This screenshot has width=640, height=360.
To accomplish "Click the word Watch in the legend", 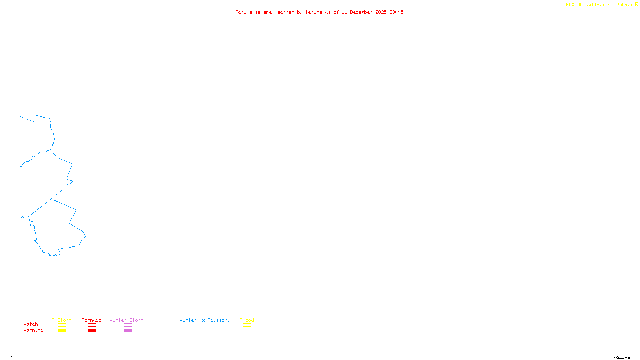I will pos(31,324).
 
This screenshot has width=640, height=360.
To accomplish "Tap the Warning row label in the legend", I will pos(34,330).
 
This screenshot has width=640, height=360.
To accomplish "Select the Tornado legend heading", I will pos(92,320).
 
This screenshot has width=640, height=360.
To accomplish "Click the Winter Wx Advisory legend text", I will pos(205,320).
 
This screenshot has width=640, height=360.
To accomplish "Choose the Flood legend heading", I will pos(247,320).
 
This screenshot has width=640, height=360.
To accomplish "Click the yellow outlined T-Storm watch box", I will pos(62,325).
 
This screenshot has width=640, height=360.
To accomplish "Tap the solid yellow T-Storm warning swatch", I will pos(62,331).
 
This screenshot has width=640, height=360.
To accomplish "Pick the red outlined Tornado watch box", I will pos(92,325).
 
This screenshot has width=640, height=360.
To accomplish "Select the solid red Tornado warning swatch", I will pos(92,331).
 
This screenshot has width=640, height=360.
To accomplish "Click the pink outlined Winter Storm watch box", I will pos(128,325).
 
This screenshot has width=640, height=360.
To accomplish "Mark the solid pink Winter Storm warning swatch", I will pos(128,331).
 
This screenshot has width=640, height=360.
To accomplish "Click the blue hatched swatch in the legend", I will pos(204,331).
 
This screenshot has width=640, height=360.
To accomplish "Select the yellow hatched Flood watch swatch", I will pos(247,325).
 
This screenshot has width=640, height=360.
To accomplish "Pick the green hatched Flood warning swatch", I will pos(247,331).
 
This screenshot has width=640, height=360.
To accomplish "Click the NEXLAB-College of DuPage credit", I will pos(600,5).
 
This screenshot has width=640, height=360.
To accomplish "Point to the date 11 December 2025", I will pos(364,12).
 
